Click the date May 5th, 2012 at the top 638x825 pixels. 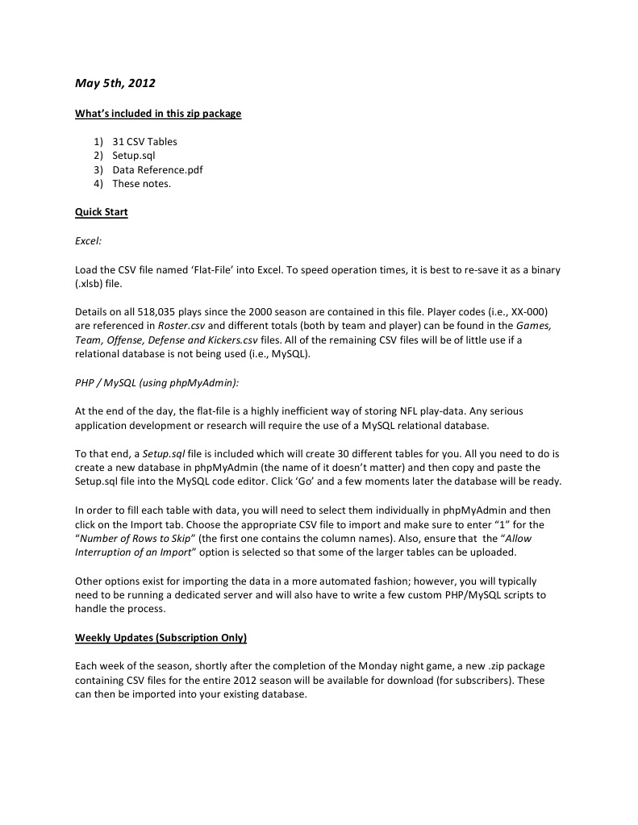pos(115,83)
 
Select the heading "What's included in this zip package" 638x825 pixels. pos(158,114)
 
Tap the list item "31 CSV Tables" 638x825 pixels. pos(144,142)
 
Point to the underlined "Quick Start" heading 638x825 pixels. pos(102,212)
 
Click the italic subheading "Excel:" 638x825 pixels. pos(88,240)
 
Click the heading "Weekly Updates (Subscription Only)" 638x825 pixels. pos(161,638)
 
